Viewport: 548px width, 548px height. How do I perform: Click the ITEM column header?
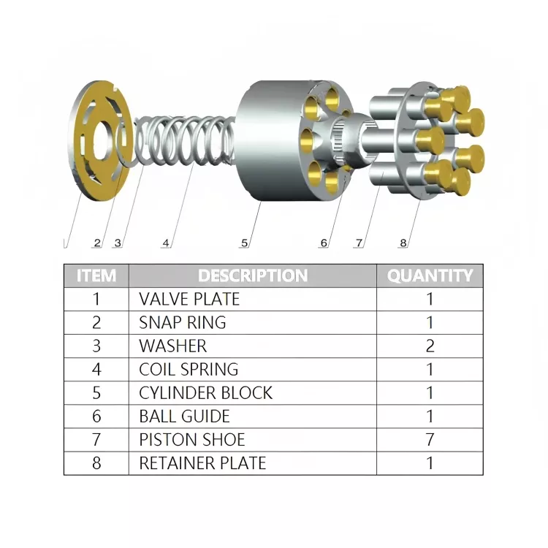click(x=96, y=275)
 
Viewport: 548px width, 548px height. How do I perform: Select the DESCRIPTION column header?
click(x=252, y=275)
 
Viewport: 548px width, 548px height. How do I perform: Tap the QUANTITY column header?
click(x=430, y=275)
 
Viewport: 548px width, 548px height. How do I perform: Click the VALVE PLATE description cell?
click(x=189, y=299)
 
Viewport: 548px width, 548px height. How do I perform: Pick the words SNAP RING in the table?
click(x=183, y=322)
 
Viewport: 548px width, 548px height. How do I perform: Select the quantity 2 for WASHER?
click(x=430, y=346)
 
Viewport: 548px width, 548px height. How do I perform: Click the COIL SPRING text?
click(x=189, y=369)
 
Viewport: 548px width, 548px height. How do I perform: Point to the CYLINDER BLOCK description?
click(x=205, y=392)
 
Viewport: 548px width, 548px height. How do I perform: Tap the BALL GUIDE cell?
click(x=184, y=416)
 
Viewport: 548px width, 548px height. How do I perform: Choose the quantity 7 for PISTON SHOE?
click(x=430, y=439)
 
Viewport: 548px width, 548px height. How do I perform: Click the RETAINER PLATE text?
click(x=202, y=463)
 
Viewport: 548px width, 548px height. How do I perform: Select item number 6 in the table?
click(x=96, y=416)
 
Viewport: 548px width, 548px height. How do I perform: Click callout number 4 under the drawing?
click(x=167, y=243)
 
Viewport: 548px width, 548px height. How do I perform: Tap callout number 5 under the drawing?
click(x=245, y=243)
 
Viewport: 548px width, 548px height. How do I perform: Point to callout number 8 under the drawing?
click(x=403, y=243)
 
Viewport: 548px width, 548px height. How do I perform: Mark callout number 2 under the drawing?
click(x=96, y=243)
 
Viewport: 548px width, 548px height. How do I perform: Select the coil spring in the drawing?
click(x=186, y=142)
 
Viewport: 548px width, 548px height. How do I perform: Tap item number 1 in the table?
click(x=96, y=299)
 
